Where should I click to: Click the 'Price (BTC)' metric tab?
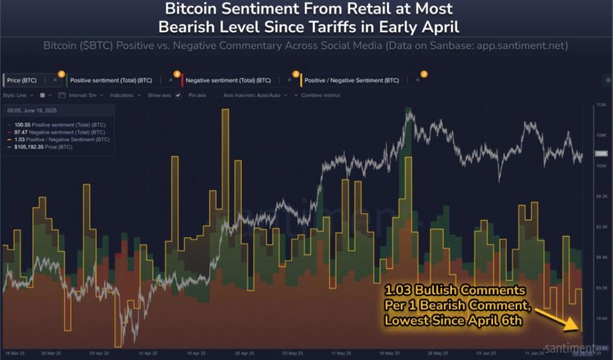(x=22, y=80)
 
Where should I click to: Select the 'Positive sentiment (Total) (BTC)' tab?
(x=111, y=80)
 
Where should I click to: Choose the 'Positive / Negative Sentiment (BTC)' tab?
(x=352, y=80)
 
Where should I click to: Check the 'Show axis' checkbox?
(x=178, y=95)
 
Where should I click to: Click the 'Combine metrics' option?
(x=320, y=95)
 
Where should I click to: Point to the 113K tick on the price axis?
(x=601, y=105)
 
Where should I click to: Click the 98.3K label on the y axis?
(x=601, y=197)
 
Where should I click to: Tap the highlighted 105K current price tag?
(x=601, y=153)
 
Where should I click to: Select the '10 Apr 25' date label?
(x=145, y=353)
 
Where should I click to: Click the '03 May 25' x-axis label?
(x=293, y=353)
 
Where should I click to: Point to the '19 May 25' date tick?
(x=388, y=353)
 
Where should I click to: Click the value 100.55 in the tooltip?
(x=18, y=125)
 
